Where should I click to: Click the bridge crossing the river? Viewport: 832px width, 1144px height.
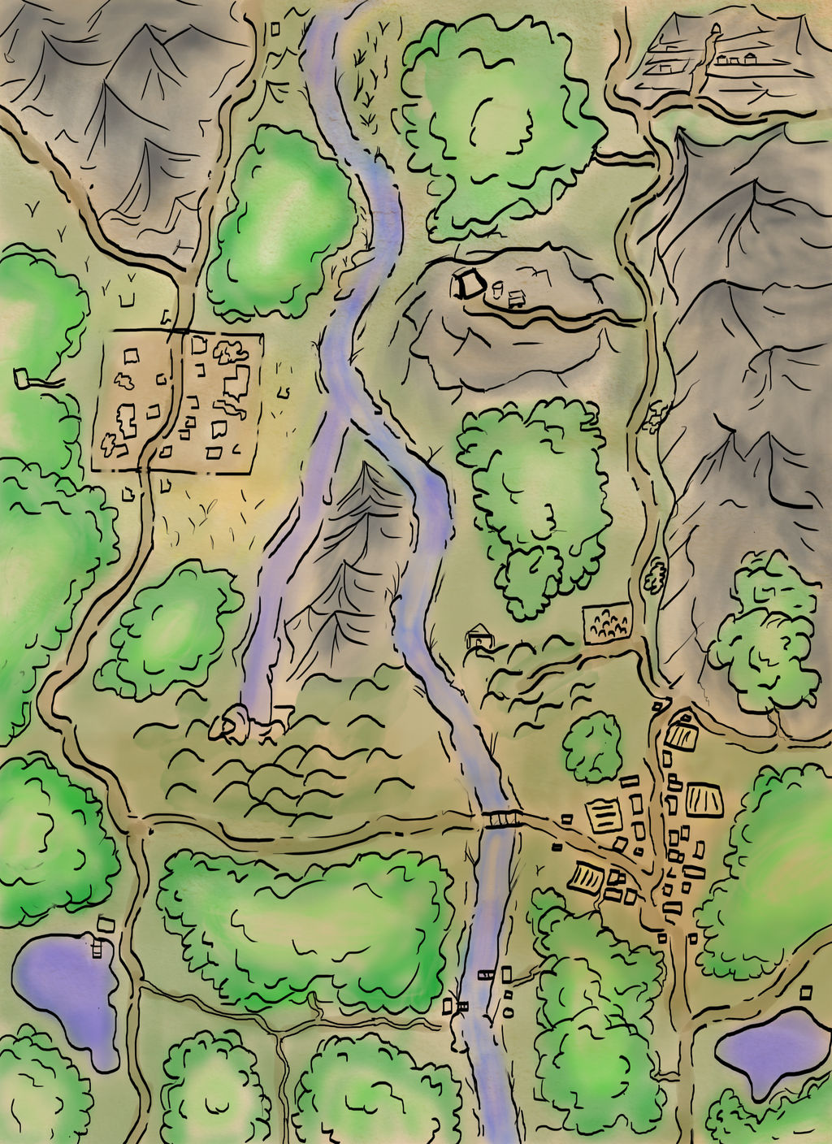(x=504, y=818)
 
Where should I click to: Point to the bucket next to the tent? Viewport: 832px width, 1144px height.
(x=496, y=286)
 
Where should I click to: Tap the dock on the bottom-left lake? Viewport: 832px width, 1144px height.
(x=97, y=947)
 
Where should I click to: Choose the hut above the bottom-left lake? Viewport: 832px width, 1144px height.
(x=106, y=923)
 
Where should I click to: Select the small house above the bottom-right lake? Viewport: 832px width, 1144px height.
(x=806, y=992)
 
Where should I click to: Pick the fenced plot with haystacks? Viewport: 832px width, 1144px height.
(x=607, y=622)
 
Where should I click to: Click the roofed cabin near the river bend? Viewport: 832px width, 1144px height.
(x=479, y=635)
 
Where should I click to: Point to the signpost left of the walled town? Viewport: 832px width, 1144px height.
(x=23, y=378)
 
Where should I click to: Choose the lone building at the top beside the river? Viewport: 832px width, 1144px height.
(x=275, y=29)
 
